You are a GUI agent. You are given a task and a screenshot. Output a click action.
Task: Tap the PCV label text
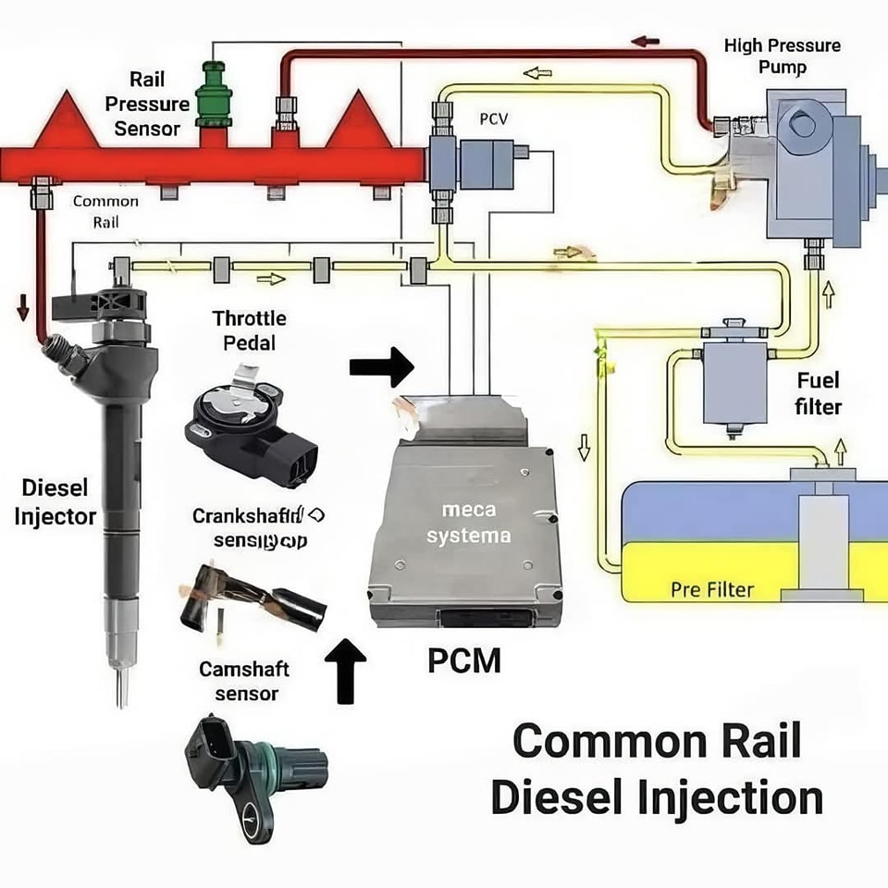492,120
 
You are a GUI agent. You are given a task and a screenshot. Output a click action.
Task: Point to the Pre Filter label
712,588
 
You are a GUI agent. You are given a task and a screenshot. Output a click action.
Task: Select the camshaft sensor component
253,772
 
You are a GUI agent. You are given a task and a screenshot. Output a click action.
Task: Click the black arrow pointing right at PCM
381,367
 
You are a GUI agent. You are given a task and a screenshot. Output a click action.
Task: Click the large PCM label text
464,660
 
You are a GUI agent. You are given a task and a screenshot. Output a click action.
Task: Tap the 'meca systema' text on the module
469,523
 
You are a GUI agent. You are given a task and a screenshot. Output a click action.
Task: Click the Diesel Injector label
55,501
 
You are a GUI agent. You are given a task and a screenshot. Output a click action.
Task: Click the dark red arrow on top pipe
645,42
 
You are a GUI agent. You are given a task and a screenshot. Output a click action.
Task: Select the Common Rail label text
105,211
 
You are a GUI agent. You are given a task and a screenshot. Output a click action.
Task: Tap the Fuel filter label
818,393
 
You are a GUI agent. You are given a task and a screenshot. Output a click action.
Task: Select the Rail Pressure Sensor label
147,104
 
